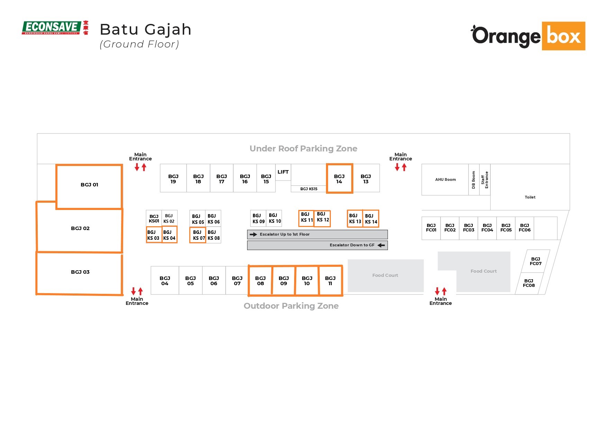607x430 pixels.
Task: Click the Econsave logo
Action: click(x=55, y=28)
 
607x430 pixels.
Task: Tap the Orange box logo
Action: click(x=528, y=36)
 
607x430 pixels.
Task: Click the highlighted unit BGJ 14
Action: click(x=339, y=178)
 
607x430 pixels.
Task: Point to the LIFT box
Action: click(x=283, y=172)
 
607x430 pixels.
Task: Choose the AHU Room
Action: click(x=445, y=179)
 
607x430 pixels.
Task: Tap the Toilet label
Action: click(x=530, y=197)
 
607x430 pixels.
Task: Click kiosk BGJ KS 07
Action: click(x=198, y=235)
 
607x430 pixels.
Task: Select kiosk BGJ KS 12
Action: click(x=323, y=218)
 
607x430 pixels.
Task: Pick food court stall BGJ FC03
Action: click(x=469, y=228)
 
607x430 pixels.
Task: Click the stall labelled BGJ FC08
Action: click(x=529, y=283)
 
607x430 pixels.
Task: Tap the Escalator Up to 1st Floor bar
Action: click(x=317, y=235)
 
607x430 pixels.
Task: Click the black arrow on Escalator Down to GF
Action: click(x=381, y=245)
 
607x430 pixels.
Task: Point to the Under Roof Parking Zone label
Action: click(x=303, y=149)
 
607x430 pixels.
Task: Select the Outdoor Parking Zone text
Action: click(x=291, y=306)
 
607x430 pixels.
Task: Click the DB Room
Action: click(x=474, y=179)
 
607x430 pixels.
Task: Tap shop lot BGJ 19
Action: click(x=173, y=178)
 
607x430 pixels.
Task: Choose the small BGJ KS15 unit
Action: click(x=309, y=189)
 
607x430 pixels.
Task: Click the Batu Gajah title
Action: click(x=145, y=30)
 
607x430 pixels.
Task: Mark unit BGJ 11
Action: click(x=330, y=281)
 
